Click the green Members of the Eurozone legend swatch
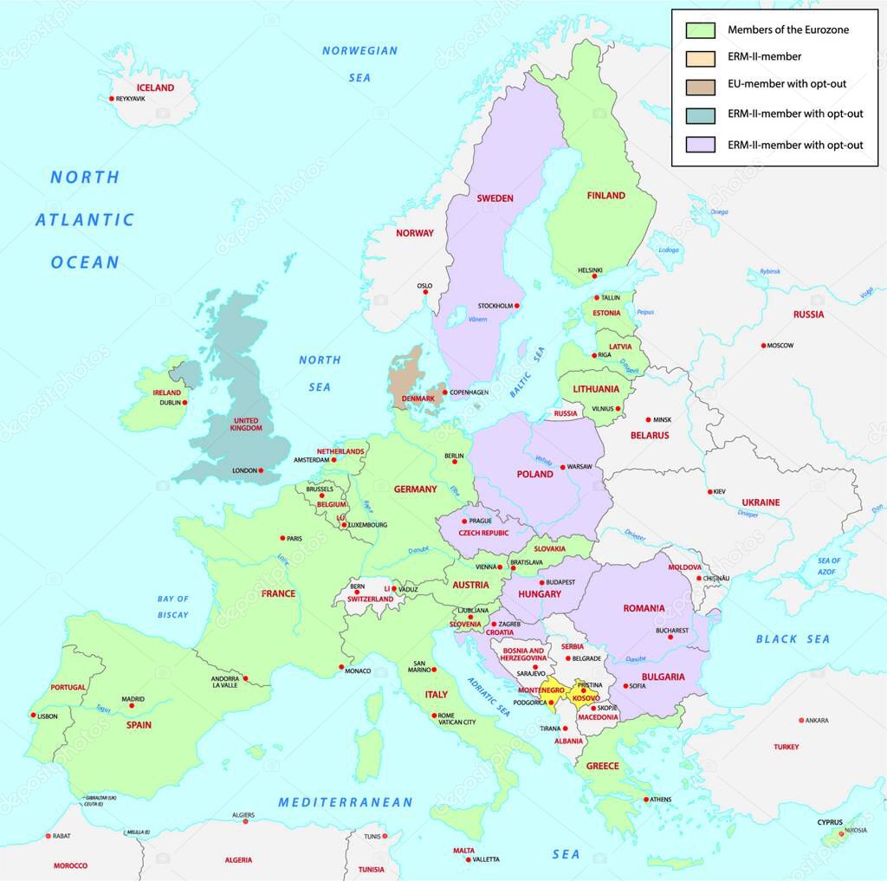coord(700,30)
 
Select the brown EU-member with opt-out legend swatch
coord(700,86)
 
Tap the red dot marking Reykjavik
coord(112,99)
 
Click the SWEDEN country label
coord(495,198)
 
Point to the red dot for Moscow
coord(764,346)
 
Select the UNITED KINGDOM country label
coord(246,424)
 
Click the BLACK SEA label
coord(793,639)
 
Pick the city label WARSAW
coord(579,467)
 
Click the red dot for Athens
coord(645,799)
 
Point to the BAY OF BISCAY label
coord(173,606)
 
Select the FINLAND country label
coord(605,196)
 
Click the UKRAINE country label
coord(761,502)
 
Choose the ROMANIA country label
coord(644,609)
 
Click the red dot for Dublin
coord(185,402)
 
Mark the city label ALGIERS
coord(243,815)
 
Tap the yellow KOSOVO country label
coord(586,698)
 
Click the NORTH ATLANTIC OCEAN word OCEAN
coord(85,262)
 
